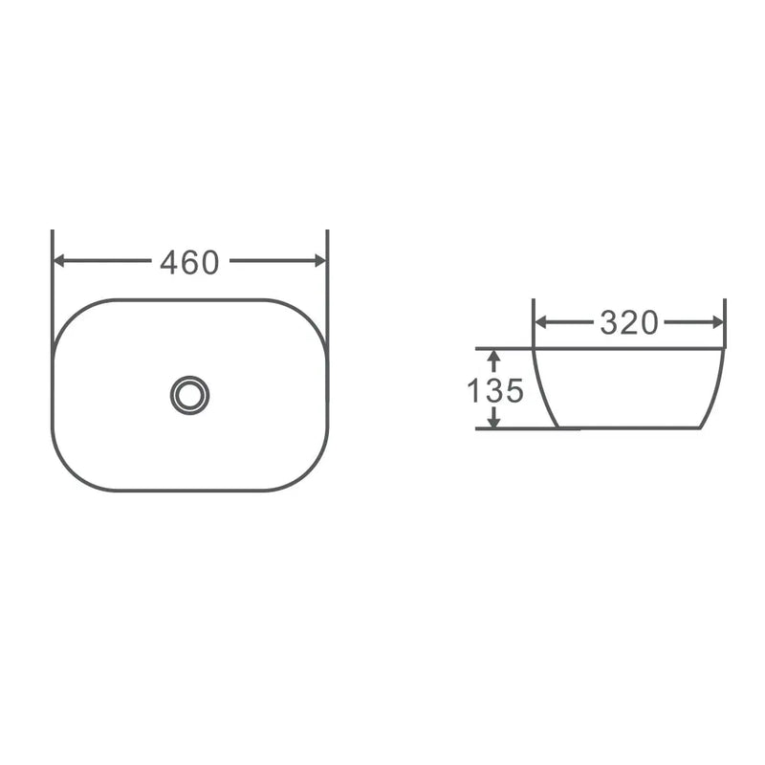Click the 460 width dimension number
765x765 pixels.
[189, 261]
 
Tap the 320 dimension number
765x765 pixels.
[629, 323]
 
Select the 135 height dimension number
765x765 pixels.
[494, 390]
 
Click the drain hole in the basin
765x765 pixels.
[189, 394]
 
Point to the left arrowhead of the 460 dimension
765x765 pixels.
[58, 260]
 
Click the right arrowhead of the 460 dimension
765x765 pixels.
[320, 260]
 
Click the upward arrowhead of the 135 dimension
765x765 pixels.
[493, 357]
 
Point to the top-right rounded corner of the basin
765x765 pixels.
[308, 317]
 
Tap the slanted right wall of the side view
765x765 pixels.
[715, 387]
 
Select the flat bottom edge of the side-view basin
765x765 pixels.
[631, 426]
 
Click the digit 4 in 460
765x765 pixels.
[169, 261]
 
